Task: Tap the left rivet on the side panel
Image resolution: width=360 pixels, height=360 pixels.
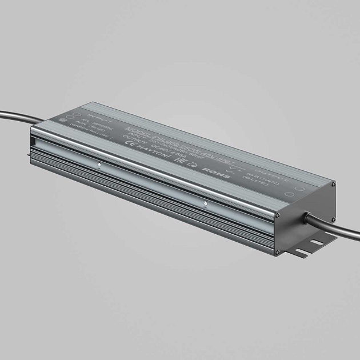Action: [x=101, y=166]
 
